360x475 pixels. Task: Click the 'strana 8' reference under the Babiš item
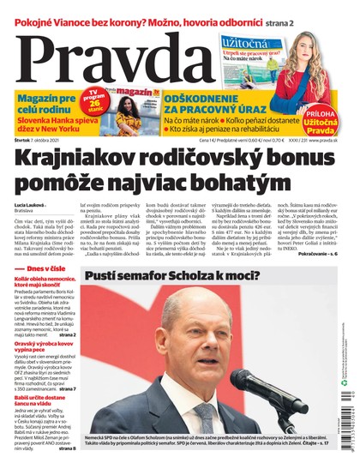(x=68, y=448)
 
